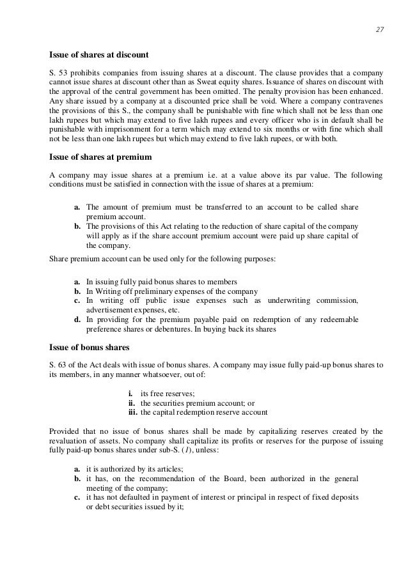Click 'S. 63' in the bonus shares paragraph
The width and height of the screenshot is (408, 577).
pos(58,365)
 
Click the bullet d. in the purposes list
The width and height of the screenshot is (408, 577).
pos(77,319)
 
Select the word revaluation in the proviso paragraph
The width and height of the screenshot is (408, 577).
pos(70,442)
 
